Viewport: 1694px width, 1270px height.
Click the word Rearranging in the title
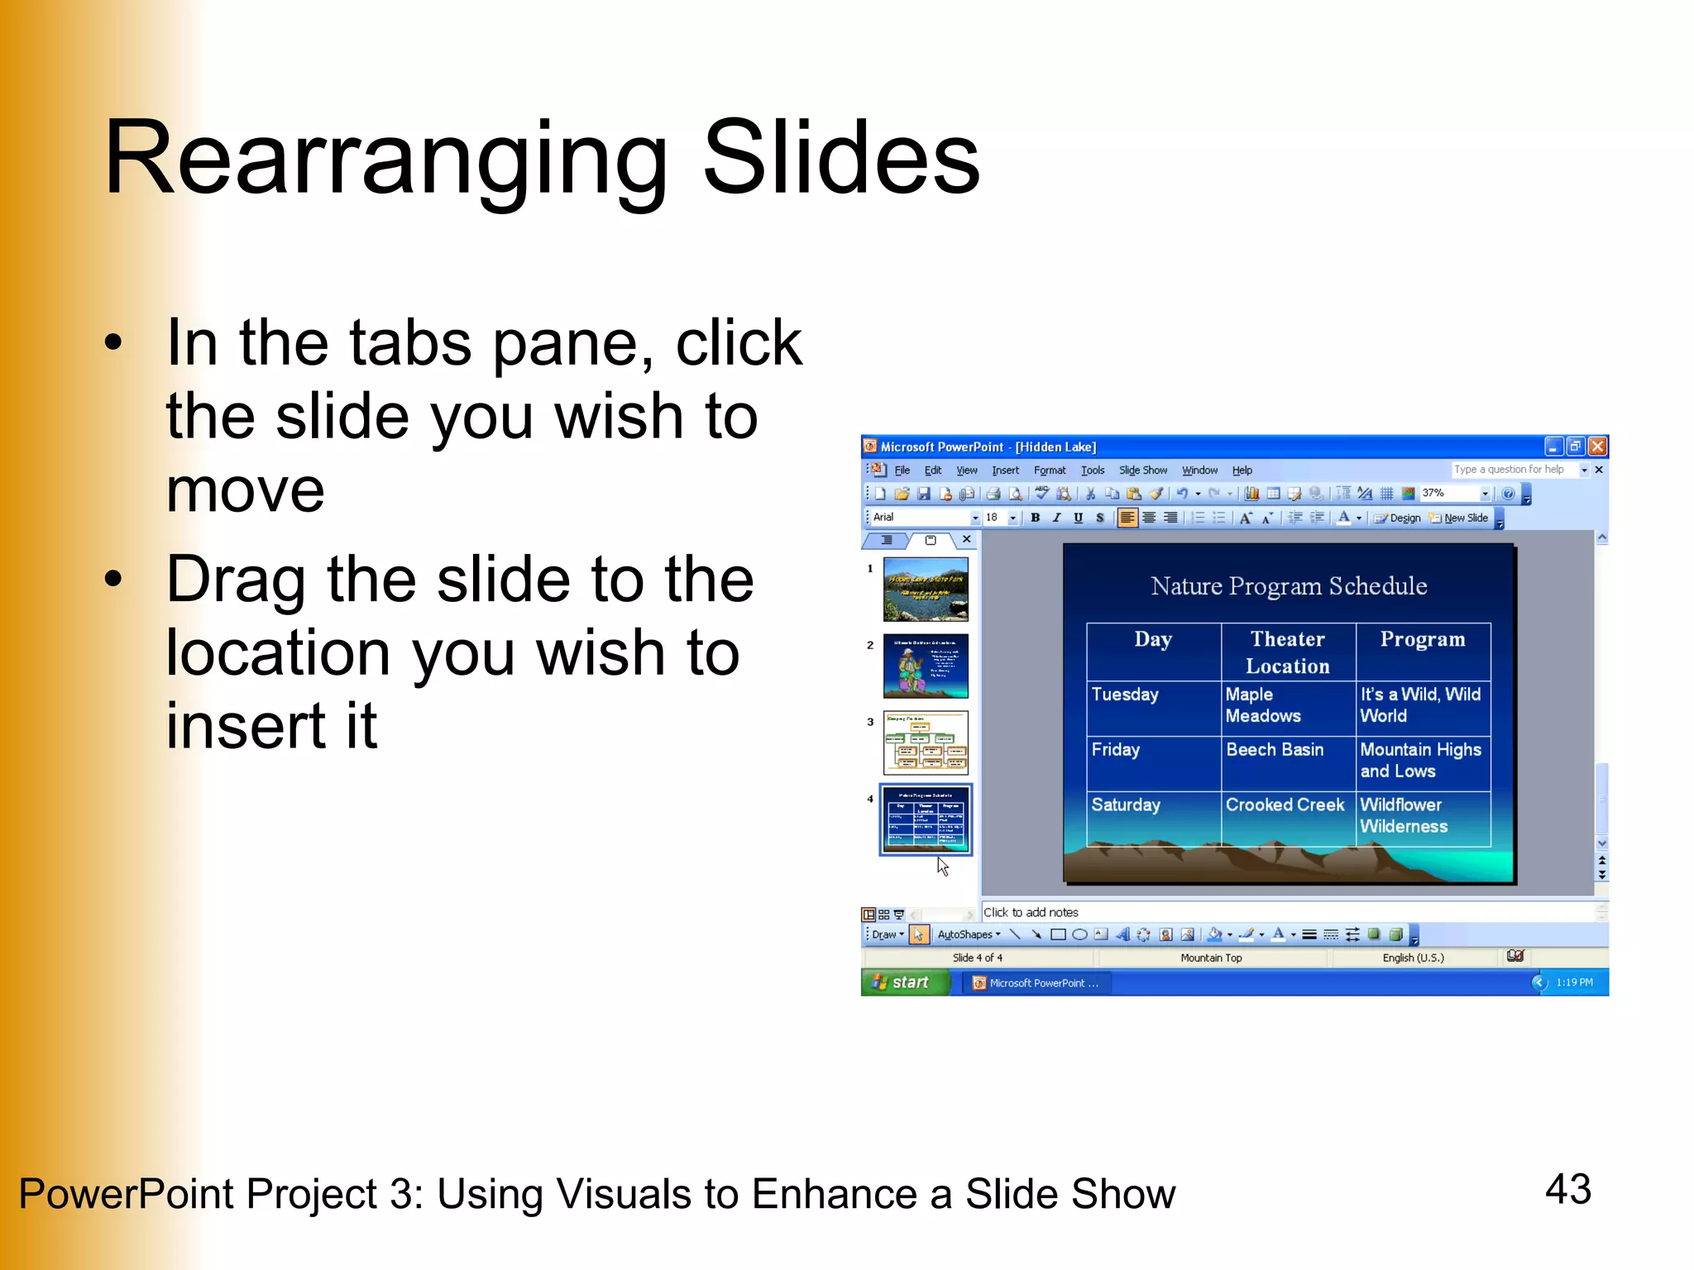tap(385, 159)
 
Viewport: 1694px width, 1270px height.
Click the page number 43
tap(1567, 1189)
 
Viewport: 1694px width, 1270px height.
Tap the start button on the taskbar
tap(903, 982)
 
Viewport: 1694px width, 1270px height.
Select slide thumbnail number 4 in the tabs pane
tap(926, 819)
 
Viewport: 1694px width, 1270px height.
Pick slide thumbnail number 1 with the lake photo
tap(926, 589)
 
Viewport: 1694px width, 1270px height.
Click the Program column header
tap(1422, 639)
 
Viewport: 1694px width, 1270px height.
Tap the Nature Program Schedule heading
tap(1288, 586)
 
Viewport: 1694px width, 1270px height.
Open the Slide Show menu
tap(1142, 470)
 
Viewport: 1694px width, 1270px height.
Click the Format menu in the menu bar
tap(1049, 470)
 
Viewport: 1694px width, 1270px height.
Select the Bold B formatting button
tap(1035, 518)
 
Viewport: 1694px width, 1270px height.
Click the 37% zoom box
tap(1448, 494)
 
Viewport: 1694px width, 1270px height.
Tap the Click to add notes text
tap(1031, 912)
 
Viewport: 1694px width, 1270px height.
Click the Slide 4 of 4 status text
tap(977, 957)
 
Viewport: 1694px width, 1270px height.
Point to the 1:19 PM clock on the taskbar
tap(1573, 982)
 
